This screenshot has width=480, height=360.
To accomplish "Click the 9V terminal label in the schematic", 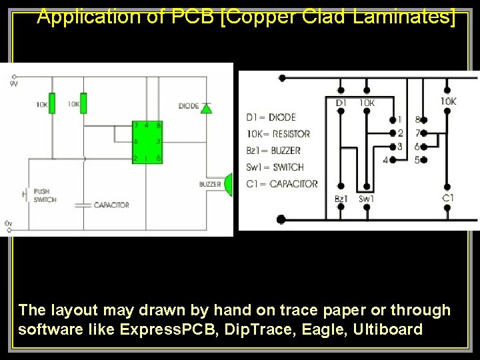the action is click(13, 84).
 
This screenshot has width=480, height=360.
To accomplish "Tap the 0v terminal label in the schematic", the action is click(8, 222).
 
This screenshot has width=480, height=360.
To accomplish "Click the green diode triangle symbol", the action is click(206, 107).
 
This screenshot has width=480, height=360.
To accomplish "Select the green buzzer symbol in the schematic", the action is click(229, 185).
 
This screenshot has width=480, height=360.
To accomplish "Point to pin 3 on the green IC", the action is click(158, 141).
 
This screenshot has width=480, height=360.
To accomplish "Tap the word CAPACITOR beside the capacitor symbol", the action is click(111, 205).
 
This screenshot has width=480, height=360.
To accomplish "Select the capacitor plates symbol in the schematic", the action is click(83, 205).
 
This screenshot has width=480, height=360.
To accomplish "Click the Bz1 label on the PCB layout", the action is click(341, 199).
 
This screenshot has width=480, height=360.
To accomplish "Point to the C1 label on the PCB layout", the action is click(449, 198).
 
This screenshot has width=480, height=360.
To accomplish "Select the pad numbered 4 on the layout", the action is click(393, 160).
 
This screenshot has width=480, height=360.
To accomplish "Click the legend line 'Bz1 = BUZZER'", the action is click(273, 151).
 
